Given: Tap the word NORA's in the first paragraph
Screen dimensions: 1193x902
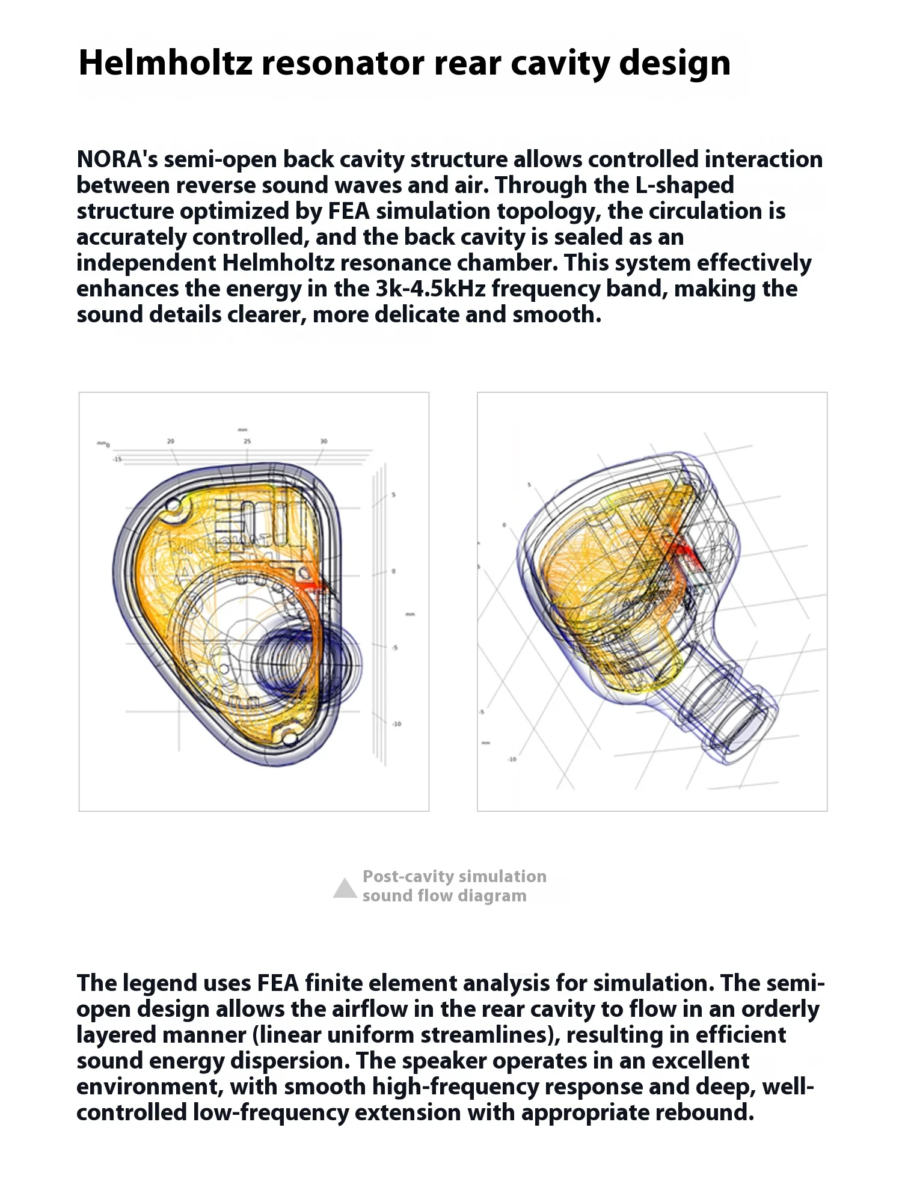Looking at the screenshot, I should pyautogui.click(x=117, y=160).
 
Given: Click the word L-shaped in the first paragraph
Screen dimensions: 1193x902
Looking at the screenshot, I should pyautogui.click(x=684, y=186).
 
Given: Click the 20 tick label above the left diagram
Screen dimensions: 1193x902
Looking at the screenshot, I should pyautogui.click(x=171, y=441).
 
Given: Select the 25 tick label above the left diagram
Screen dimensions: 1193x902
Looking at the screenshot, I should pyautogui.click(x=247, y=441).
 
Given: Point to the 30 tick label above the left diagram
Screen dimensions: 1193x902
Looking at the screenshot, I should pyautogui.click(x=324, y=441).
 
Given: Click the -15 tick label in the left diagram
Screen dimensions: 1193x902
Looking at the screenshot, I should pyautogui.click(x=117, y=459).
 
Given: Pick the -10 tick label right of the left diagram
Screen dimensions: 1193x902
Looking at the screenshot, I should pyautogui.click(x=396, y=724).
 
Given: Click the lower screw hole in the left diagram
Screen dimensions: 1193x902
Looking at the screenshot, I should pyautogui.click(x=289, y=737).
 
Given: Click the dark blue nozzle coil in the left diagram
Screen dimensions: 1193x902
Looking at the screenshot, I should pyautogui.click(x=283, y=661).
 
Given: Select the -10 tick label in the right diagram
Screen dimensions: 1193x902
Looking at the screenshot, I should pyautogui.click(x=512, y=759).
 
